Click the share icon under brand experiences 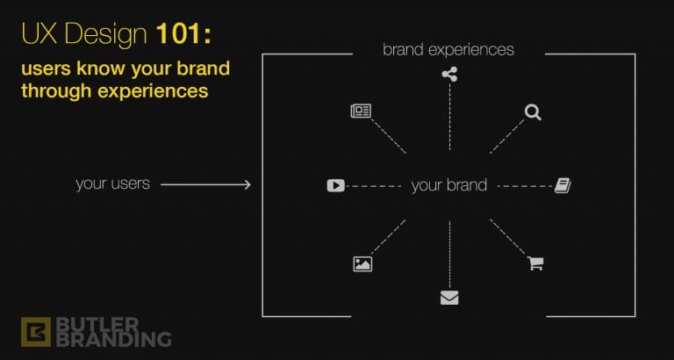pyautogui.click(x=449, y=75)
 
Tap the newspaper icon pyautogui.click(x=361, y=111)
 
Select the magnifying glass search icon pyautogui.click(x=533, y=112)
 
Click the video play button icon pyautogui.click(x=336, y=185)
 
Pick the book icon pyautogui.click(x=563, y=186)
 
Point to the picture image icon pyautogui.click(x=362, y=263)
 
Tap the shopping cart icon pyautogui.click(x=535, y=263)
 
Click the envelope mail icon pyautogui.click(x=449, y=298)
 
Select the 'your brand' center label pyautogui.click(x=449, y=185)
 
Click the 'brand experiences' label pyautogui.click(x=448, y=49)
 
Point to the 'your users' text pyautogui.click(x=112, y=184)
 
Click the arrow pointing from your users pyautogui.click(x=205, y=185)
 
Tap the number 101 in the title pyautogui.click(x=179, y=34)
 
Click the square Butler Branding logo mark pyautogui.click(x=36, y=332)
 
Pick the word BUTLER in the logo pyautogui.click(x=98, y=324)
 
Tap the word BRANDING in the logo pyautogui.click(x=114, y=339)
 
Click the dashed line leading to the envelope pyautogui.click(x=449, y=254)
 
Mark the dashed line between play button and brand pyautogui.click(x=373, y=186)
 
